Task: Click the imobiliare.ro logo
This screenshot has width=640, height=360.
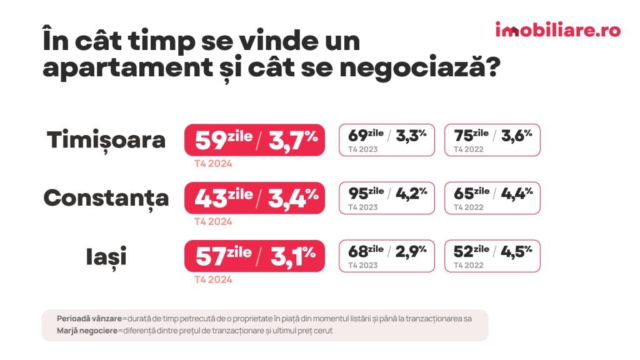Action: pos(557,30)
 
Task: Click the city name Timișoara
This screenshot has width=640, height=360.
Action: pos(106,140)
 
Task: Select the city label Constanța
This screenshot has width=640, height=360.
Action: pos(106,198)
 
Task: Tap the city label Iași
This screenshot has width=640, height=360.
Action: pos(106,256)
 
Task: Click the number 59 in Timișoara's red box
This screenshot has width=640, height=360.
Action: pos(210,141)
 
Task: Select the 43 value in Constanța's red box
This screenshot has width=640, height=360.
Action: pos(209,199)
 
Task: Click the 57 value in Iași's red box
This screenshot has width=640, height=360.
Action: pos(209,256)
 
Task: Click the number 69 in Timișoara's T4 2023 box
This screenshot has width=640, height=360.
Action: pos(357,136)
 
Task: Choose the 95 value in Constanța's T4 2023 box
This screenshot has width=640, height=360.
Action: pos(357,194)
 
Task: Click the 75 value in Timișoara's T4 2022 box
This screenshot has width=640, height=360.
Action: pos(463,136)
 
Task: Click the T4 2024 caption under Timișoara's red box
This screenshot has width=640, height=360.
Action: pos(213,164)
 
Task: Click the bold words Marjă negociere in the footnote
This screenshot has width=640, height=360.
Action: pos(87,331)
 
